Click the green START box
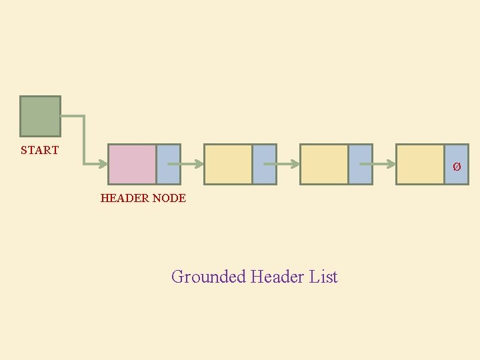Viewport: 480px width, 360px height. (x=40, y=116)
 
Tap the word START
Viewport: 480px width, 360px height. (x=39, y=151)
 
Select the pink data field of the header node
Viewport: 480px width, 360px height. (x=132, y=164)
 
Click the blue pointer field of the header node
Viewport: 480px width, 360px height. (x=169, y=164)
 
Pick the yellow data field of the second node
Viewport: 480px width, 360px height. (x=228, y=164)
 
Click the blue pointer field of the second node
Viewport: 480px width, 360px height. (x=265, y=164)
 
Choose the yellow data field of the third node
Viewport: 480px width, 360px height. (x=324, y=164)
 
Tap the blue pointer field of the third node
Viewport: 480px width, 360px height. (x=361, y=164)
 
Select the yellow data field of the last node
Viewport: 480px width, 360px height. (x=420, y=164)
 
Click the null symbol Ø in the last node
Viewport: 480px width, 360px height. (x=457, y=167)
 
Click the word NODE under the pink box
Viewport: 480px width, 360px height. (x=169, y=198)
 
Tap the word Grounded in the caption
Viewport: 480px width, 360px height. (x=209, y=277)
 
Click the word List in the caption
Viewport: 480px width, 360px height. (x=324, y=277)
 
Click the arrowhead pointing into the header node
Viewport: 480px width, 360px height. (x=103, y=163)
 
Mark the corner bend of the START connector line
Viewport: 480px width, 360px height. (x=84, y=117)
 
